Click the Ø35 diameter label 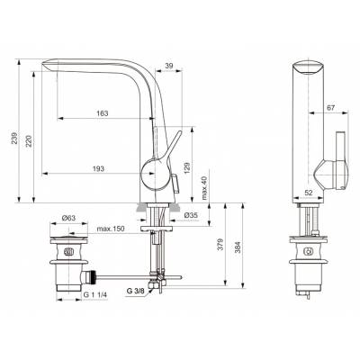[x=191, y=217]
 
